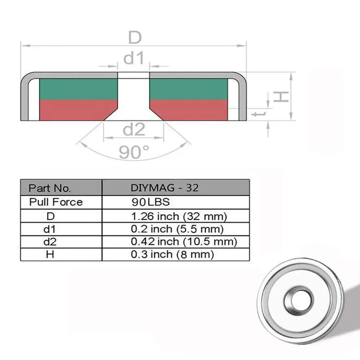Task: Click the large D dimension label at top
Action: [x=135, y=37]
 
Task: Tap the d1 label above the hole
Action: [x=134, y=58]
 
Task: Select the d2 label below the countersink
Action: [x=134, y=129]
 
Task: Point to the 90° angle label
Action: [x=134, y=152]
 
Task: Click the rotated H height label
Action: [x=281, y=96]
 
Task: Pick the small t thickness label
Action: [x=259, y=113]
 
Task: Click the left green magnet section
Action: [x=78, y=89]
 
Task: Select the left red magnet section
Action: [x=76, y=110]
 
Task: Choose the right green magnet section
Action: [x=188, y=89]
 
